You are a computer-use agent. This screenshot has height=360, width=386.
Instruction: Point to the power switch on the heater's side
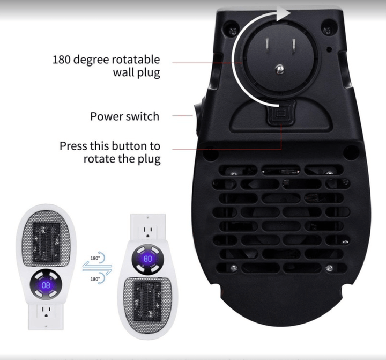point(197,116)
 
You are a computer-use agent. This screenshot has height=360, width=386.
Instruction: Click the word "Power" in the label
point(106,116)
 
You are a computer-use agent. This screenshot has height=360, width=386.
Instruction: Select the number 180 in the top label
point(62,60)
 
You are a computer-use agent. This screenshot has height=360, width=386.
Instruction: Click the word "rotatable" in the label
point(136,60)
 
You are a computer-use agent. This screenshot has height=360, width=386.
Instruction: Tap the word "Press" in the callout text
point(73,146)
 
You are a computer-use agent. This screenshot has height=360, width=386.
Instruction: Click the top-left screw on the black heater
point(233,30)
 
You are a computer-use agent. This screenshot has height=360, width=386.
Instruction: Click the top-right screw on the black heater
point(327,30)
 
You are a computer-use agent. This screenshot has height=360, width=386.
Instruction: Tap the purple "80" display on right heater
point(148,259)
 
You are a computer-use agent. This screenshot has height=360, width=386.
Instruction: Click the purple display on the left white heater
point(46,285)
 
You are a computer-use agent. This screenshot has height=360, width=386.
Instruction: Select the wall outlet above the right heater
point(148,231)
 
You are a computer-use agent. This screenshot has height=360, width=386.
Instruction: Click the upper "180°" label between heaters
point(95,258)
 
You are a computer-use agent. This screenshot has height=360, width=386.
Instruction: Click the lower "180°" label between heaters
point(95,279)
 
